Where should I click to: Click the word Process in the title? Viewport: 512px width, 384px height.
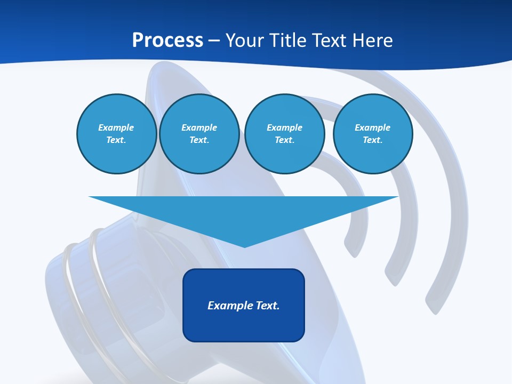pyautogui.click(x=167, y=41)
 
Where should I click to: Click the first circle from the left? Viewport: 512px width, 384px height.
pyautogui.click(x=116, y=133)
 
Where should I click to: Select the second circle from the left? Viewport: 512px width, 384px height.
pyautogui.click(x=199, y=133)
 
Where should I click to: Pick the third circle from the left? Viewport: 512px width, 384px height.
pyautogui.click(x=284, y=133)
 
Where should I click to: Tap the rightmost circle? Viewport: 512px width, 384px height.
pyautogui.click(x=372, y=133)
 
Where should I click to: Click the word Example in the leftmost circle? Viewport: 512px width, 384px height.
pyautogui.click(x=116, y=127)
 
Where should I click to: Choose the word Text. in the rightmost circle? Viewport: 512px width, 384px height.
pyautogui.click(x=372, y=140)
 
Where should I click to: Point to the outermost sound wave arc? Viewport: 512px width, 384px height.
pyautogui.click(x=453, y=213)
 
